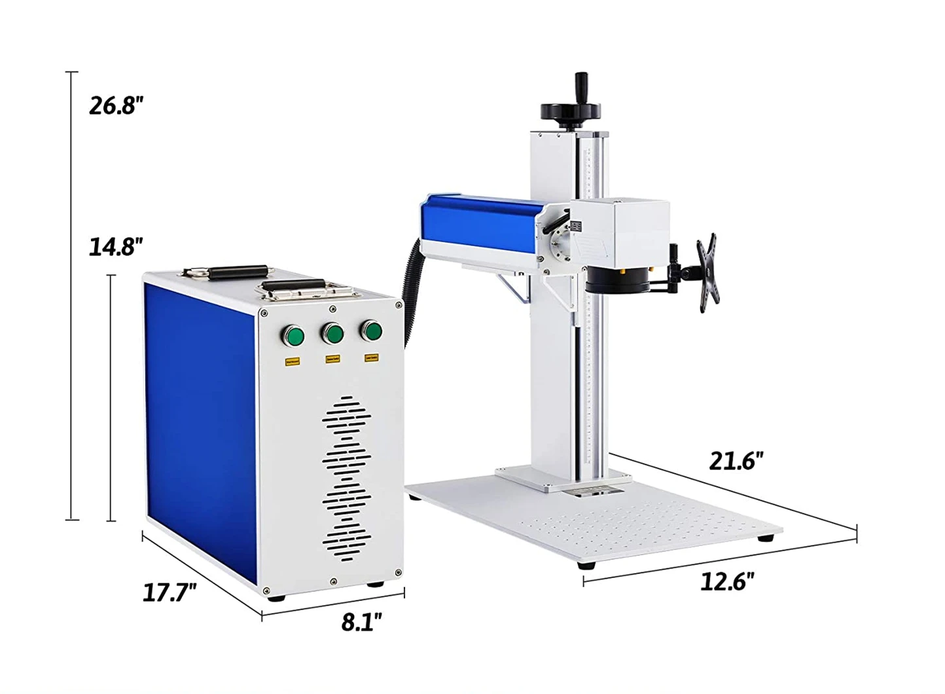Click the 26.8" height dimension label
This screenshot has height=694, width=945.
116,105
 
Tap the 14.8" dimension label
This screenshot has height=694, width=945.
116,247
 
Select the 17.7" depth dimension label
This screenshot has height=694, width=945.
169,593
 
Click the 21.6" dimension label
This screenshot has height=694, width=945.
736,462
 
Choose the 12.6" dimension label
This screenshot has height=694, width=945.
727,581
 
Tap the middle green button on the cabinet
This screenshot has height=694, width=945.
332,334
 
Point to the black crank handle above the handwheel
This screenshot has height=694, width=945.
580,85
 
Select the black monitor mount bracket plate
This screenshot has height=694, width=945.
707,271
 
